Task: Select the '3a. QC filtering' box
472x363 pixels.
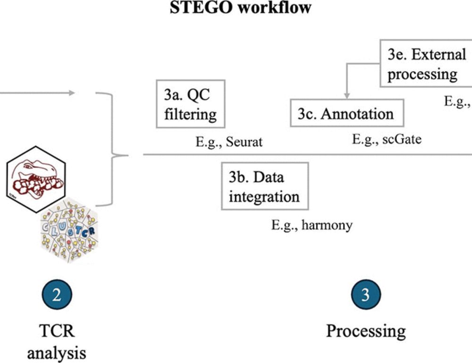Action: click(190, 104)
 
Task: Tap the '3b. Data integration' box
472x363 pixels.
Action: click(264, 186)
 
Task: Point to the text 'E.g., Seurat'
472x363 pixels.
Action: click(229, 142)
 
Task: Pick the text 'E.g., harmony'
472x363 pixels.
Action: click(312, 225)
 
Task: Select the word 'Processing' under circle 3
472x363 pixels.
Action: click(366, 330)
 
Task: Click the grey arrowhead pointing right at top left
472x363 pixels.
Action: click(71, 93)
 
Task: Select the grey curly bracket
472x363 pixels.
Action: click(113, 149)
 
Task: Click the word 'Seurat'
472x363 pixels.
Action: click(244, 142)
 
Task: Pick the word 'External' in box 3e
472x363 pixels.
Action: click(439, 54)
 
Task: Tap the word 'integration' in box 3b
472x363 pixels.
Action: click(264, 196)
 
